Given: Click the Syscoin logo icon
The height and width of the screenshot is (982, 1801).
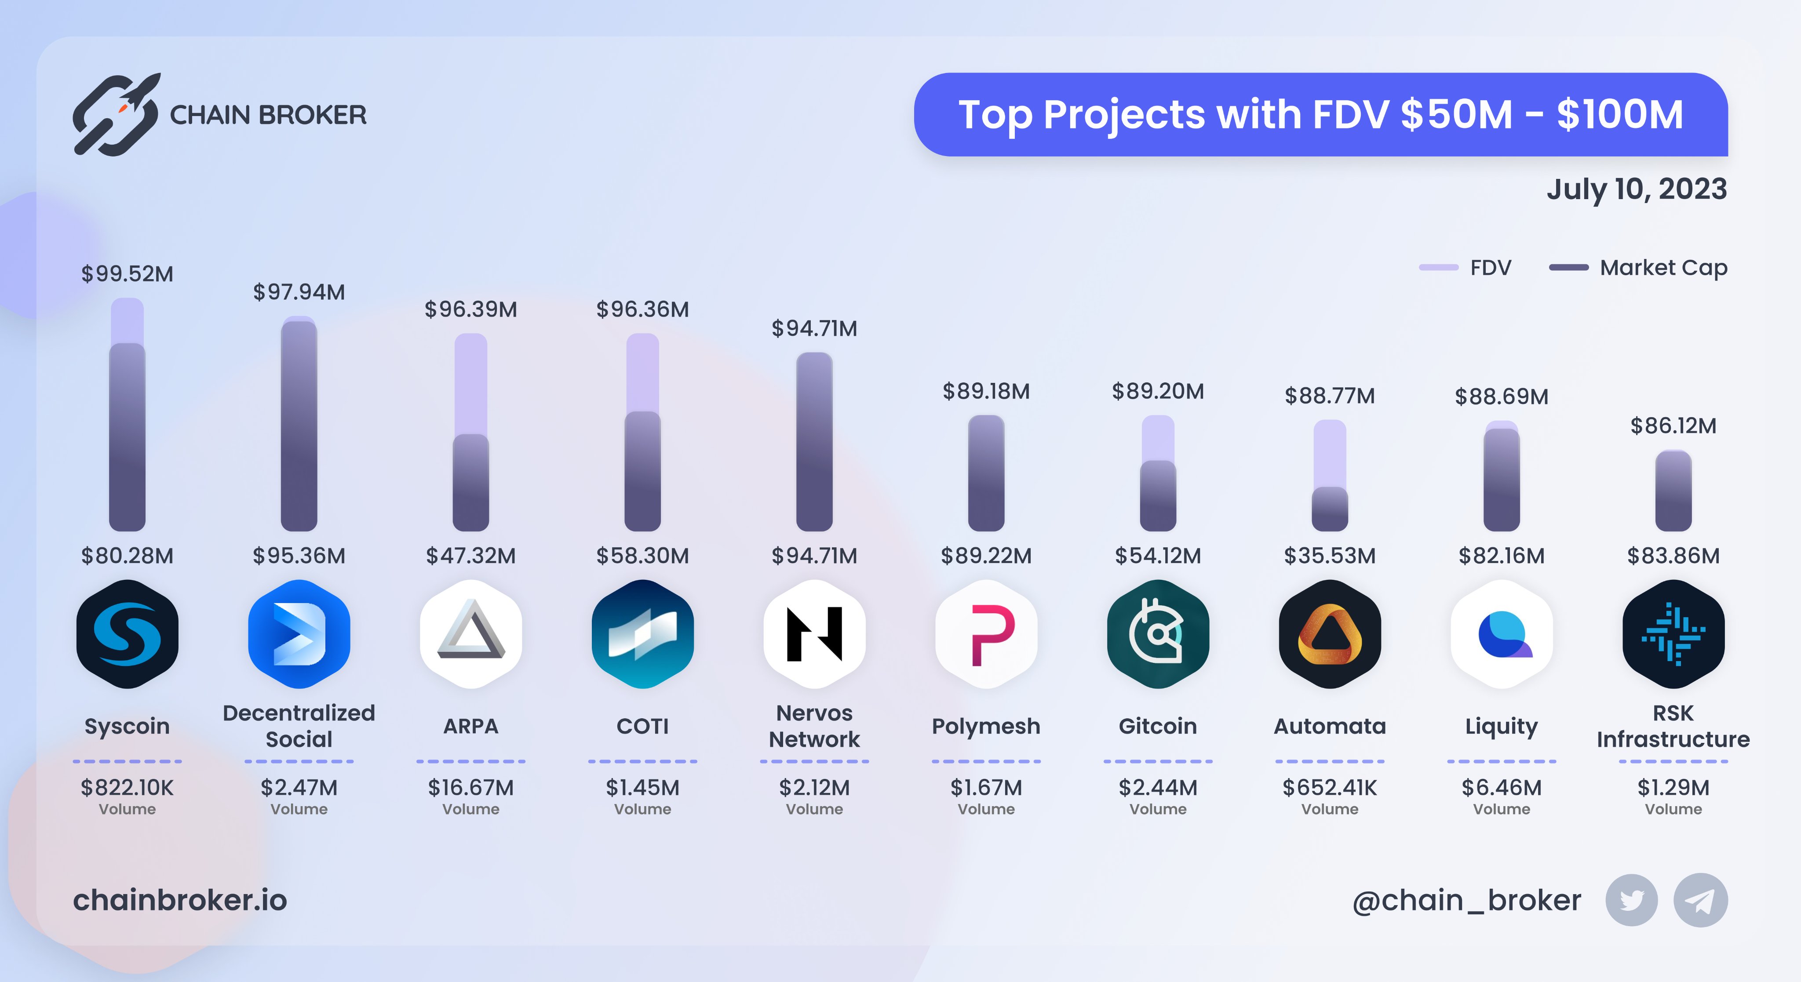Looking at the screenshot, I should coord(127,634).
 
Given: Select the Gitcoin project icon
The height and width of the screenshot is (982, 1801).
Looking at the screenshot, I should coord(1158,634).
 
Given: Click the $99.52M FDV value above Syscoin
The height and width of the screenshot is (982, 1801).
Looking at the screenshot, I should coord(127,273).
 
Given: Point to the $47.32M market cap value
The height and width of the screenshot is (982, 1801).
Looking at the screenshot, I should coord(470,556).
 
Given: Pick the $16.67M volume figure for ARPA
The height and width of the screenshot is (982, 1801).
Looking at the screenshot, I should coord(470,788).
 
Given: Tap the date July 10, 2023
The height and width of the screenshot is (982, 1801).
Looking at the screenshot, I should coord(1636,189).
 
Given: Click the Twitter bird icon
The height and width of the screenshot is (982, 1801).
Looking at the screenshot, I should coord(1631,900).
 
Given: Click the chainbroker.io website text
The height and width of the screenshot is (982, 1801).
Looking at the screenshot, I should coord(180,900).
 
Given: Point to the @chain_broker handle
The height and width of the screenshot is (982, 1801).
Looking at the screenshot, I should coord(1466,900).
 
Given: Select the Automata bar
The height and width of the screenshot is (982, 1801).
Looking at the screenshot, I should coord(1330,475).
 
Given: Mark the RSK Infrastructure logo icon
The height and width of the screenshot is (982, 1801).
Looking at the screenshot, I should coord(1673,634).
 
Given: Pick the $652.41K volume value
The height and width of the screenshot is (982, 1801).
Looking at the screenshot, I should coord(1329,788).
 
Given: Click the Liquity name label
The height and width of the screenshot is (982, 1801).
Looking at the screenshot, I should coord(1501,726).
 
